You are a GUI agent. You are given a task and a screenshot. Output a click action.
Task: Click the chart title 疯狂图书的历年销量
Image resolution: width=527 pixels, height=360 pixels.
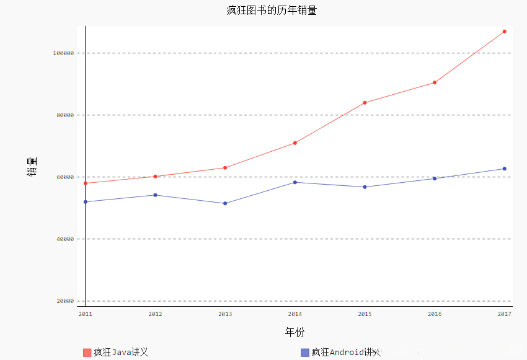[x=263, y=11]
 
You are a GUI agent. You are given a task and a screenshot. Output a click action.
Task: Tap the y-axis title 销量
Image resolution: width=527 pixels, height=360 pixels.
[x=32, y=166]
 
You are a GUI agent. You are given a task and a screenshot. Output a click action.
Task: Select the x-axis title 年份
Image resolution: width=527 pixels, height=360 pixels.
[x=294, y=332]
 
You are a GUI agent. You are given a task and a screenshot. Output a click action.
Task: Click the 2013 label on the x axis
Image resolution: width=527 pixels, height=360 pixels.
[x=225, y=314]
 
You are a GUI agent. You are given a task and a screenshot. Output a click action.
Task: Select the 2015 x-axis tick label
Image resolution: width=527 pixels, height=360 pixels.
[x=365, y=314]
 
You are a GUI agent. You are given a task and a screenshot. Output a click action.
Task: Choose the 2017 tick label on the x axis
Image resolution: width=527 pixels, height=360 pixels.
[x=504, y=314]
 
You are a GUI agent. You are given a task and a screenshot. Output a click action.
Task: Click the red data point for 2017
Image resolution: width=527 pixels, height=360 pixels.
[x=505, y=31]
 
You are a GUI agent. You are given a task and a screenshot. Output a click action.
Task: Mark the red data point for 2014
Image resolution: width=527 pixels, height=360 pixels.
[x=295, y=143]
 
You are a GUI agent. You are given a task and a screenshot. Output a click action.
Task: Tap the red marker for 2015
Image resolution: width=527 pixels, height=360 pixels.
[x=365, y=103]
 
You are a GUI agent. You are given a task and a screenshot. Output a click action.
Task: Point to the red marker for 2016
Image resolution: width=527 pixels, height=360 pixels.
[x=435, y=82]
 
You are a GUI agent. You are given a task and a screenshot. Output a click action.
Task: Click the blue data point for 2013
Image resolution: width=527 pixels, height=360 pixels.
[x=225, y=203]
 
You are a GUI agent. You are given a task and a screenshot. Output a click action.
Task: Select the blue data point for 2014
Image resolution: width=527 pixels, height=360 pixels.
[x=295, y=182]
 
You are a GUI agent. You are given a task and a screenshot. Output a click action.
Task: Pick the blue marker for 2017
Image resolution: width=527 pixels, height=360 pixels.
[x=505, y=169]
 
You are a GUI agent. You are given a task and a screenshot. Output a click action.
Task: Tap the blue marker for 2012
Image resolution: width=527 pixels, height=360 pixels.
[x=155, y=195]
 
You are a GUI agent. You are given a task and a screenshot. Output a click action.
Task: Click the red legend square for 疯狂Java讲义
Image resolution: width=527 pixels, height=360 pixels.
[x=87, y=353]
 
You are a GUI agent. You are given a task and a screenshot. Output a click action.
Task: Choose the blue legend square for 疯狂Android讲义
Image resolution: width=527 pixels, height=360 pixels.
[x=304, y=353]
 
